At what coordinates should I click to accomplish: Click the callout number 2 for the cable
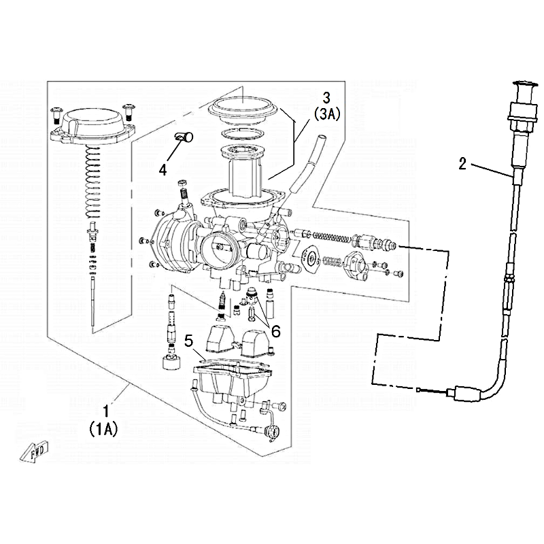(x=462, y=163)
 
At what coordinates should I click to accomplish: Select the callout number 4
(x=163, y=169)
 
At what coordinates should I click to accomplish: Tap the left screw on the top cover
(x=56, y=111)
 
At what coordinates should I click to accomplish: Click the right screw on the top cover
(x=127, y=108)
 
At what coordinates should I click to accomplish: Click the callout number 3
(x=326, y=97)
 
